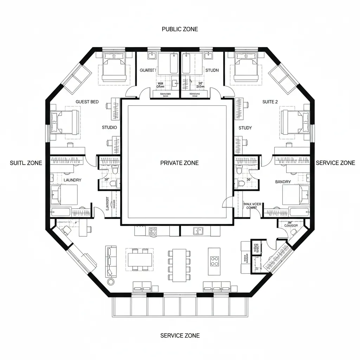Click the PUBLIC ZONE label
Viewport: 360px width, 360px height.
pyautogui.click(x=180, y=29)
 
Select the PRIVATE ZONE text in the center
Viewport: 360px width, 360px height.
pyautogui.click(x=179, y=163)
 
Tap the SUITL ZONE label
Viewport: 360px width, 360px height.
pyautogui.click(x=26, y=163)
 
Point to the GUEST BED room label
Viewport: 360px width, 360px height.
pyautogui.click(x=87, y=102)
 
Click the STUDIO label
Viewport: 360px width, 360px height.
pyautogui.click(x=109, y=127)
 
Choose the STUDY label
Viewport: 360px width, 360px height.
pyautogui.click(x=245, y=128)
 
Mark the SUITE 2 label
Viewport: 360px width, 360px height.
pyautogui.click(x=270, y=102)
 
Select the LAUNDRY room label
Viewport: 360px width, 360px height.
pyautogui.click(x=72, y=180)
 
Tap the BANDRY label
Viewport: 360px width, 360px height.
pyautogui.click(x=283, y=182)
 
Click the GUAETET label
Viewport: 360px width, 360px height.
pyautogui.click(x=147, y=70)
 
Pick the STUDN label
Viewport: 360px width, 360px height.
pyautogui.click(x=212, y=70)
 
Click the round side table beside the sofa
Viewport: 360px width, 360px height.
pyautogui.click(x=111, y=282)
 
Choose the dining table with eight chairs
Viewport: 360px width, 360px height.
pyautogui.click(x=179, y=265)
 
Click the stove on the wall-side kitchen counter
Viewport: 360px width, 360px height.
pyautogui.click(x=153, y=231)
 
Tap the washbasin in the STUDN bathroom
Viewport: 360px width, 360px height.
pyautogui.click(x=208, y=55)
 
